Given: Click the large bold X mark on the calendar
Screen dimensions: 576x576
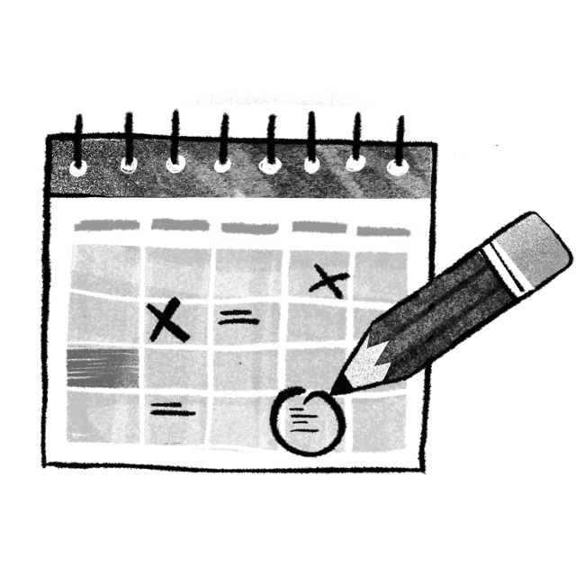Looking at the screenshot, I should click(168, 320).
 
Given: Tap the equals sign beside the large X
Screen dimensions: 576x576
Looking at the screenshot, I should click(236, 316).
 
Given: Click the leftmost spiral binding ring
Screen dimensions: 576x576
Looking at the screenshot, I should click(79, 144).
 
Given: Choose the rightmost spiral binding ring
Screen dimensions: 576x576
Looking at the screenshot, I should click(398, 144).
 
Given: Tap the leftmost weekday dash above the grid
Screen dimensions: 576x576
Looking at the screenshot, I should click(106, 225).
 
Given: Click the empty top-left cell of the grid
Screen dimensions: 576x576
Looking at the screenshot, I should click(105, 270).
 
